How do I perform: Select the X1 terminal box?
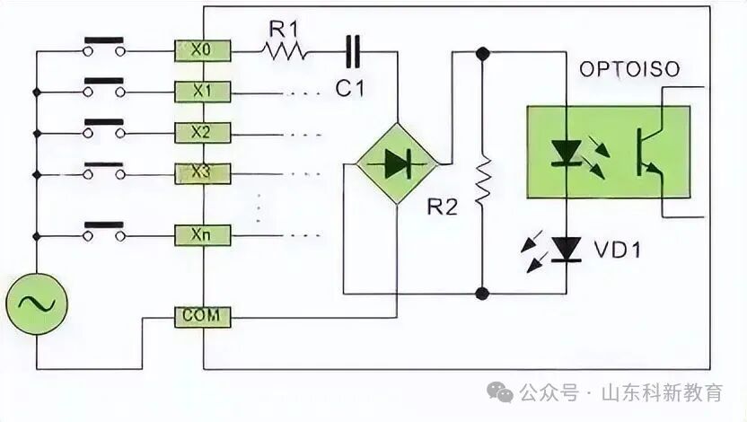pos(204,91)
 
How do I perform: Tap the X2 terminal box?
pos(204,132)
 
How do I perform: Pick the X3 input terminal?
pos(204,172)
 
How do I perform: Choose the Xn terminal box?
pos(204,235)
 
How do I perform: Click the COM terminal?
pos(203,316)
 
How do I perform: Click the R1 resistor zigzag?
pos(285,51)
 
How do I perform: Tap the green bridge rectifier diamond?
pos(396,163)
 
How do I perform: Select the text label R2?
pos(443,207)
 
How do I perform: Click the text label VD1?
pos(618,250)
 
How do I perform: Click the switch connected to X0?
pos(103,48)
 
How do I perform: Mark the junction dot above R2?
pos(483,54)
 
